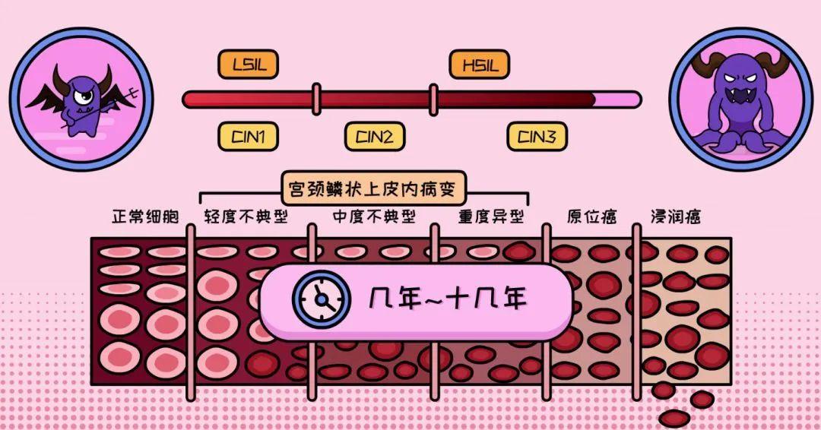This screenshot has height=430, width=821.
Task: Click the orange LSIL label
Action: [x=248, y=65]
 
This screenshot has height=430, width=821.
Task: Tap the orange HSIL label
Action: [x=480, y=65]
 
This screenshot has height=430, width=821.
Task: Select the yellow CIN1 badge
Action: [x=248, y=137]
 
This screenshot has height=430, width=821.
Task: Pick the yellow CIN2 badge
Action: [x=375, y=137]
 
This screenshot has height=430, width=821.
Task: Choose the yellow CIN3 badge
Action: [x=537, y=137]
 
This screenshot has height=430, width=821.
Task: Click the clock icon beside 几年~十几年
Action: [x=322, y=300]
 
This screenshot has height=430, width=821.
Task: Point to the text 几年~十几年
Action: [x=448, y=299]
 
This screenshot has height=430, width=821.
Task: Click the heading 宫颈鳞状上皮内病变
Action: [x=372, y=188]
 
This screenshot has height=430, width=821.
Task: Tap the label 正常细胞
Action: [x=145, y=217]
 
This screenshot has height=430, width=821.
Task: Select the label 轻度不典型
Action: [x=246, y=217]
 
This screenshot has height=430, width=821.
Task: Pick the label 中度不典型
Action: [x=374, y=217]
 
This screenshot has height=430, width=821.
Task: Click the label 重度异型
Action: [x=491, y=217]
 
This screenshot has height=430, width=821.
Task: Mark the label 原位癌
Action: [x=591, y=217]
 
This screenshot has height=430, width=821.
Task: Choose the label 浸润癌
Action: [x=676, y=217]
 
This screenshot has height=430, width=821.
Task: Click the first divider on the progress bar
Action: [x=316, y=100]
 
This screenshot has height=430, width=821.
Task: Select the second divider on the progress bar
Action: [x=433, y=100]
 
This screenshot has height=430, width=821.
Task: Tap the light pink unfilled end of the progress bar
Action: [x=617, y=100]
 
